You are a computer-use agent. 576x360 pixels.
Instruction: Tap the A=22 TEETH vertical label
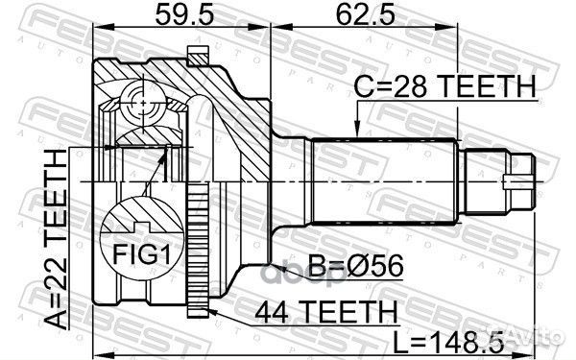[x=59, y=231]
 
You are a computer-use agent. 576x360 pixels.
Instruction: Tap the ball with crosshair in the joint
[x=140, y=99]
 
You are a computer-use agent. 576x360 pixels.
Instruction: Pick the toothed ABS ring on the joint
[x=199, y=240]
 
